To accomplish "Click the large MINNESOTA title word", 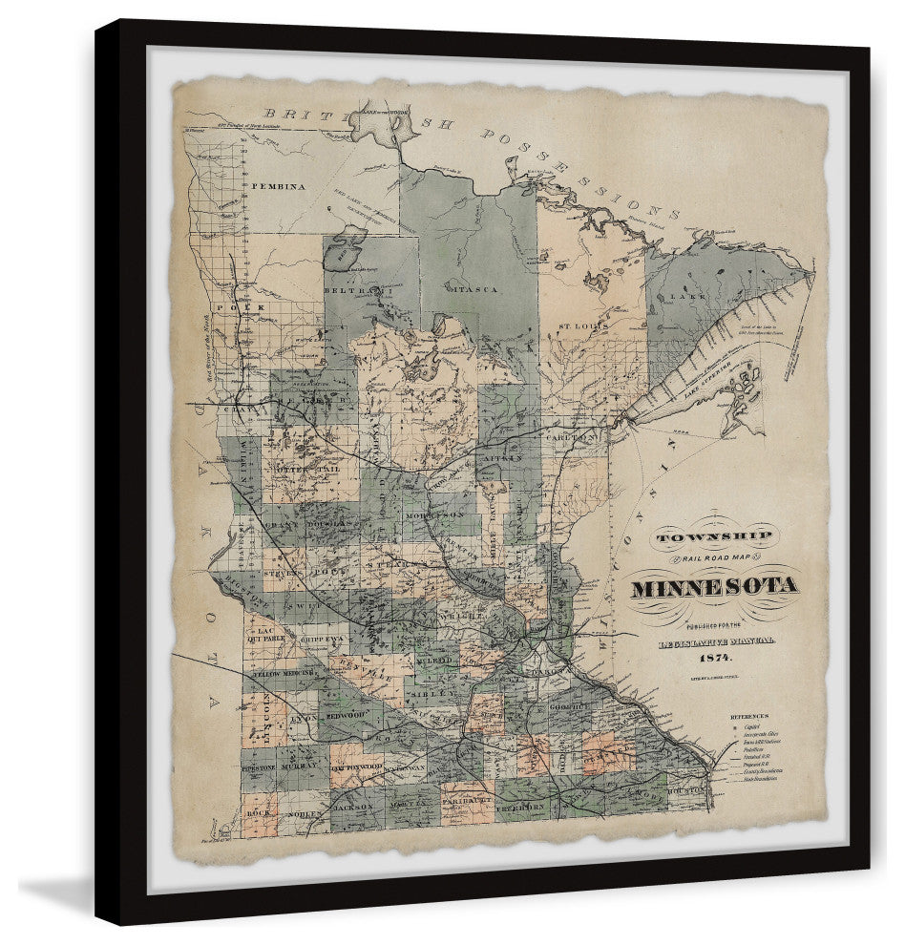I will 713,586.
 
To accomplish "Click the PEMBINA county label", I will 279,187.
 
